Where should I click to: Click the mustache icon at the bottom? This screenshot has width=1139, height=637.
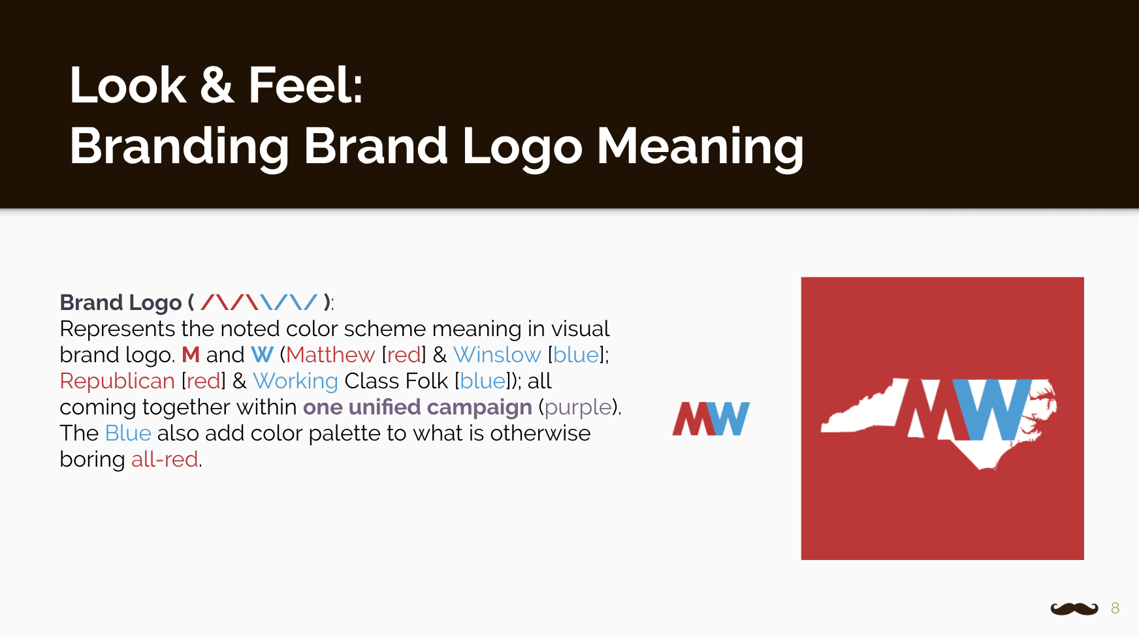point(1074,608)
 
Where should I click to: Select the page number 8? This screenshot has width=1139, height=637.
point(1115,608)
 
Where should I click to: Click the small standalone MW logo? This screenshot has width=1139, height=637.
point(711,418)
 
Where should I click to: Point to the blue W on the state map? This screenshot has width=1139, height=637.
point(991,409)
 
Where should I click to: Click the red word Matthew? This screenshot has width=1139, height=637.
point(330,354)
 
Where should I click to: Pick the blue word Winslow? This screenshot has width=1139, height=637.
point(497,354)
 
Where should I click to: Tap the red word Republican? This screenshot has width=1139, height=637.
point(118,381)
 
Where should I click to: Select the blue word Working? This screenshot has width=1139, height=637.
point(295,381)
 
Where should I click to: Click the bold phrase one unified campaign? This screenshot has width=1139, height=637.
point(417,407)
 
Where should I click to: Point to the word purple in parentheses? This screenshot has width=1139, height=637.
point(578,407)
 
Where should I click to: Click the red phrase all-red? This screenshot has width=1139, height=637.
point(165,459)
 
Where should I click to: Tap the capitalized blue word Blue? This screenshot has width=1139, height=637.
point(128,433)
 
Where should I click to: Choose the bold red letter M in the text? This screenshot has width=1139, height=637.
point(191,354)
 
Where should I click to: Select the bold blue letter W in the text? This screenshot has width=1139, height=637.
point(262,354)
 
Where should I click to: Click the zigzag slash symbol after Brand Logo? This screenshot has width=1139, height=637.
point(259,302)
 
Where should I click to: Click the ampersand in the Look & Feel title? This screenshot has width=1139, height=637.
point(217,85)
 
